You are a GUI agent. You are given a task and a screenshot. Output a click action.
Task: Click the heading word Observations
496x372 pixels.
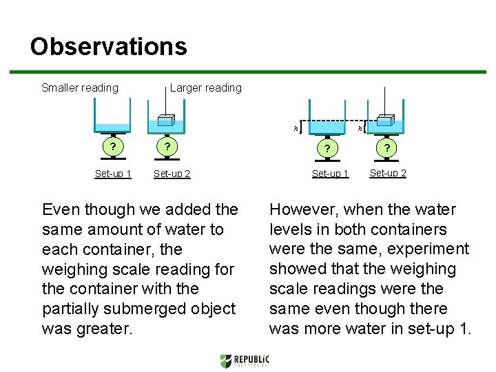pos(108,47)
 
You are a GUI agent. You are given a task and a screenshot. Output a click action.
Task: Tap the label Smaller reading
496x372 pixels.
pos(80,87)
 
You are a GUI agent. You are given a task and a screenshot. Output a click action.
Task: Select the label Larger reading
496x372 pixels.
pos(205,87)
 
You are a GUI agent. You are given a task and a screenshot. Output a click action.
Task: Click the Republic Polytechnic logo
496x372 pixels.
pos(245,361)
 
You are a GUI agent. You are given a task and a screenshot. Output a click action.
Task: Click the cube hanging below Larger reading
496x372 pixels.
pos(165,119)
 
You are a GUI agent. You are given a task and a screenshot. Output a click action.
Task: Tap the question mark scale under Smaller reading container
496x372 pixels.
pos(113,147)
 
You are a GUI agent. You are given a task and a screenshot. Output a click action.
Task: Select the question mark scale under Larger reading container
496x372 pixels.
pos(165,147)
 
